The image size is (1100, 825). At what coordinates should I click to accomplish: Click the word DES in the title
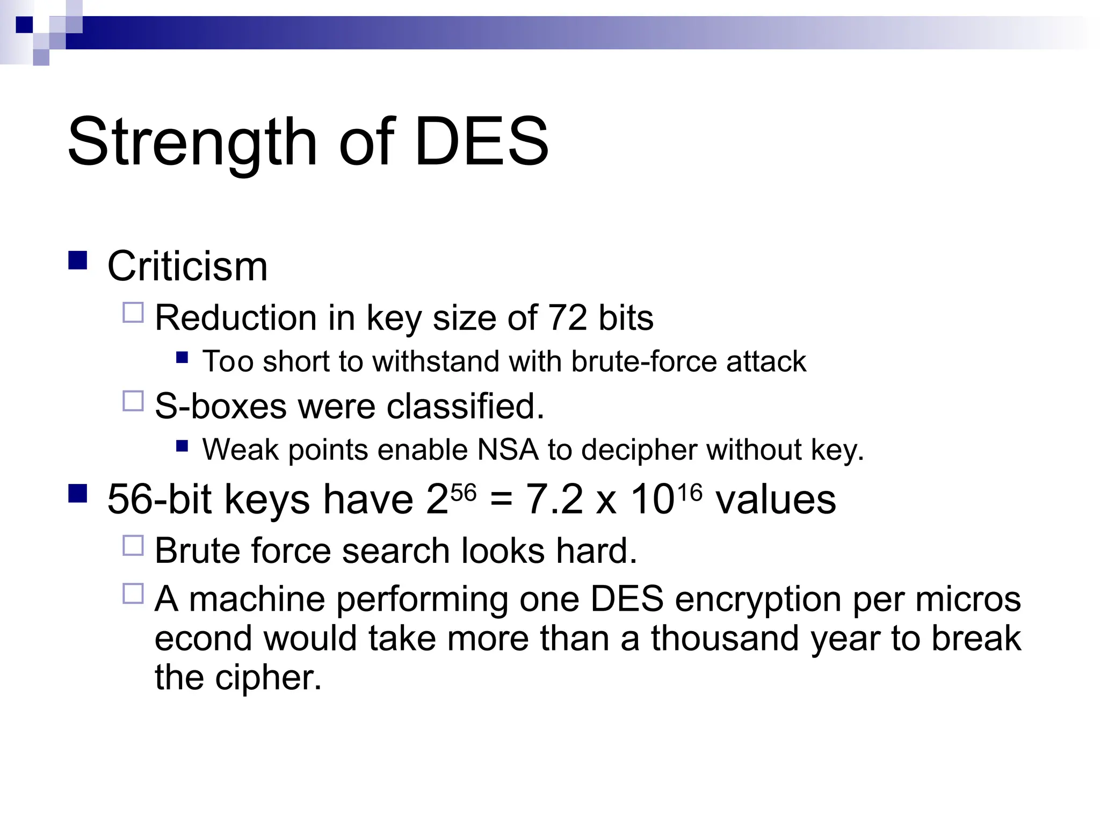click(481, 142)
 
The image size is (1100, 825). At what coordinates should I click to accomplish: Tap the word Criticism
click(187, 266)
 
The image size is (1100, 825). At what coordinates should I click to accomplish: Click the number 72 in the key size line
click(567, 317)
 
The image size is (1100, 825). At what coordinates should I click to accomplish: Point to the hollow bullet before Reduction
click(133, 313)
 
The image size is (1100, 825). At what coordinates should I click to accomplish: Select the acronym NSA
click(508, 450)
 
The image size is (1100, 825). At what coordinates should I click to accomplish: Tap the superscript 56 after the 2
click(464, 492)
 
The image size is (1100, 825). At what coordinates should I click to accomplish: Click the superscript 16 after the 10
click(689, 492)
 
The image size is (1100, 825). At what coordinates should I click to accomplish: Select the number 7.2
click(554, 500)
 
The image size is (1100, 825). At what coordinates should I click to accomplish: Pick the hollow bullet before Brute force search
click(133, 546)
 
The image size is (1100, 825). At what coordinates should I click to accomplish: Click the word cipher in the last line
click(268, 678)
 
